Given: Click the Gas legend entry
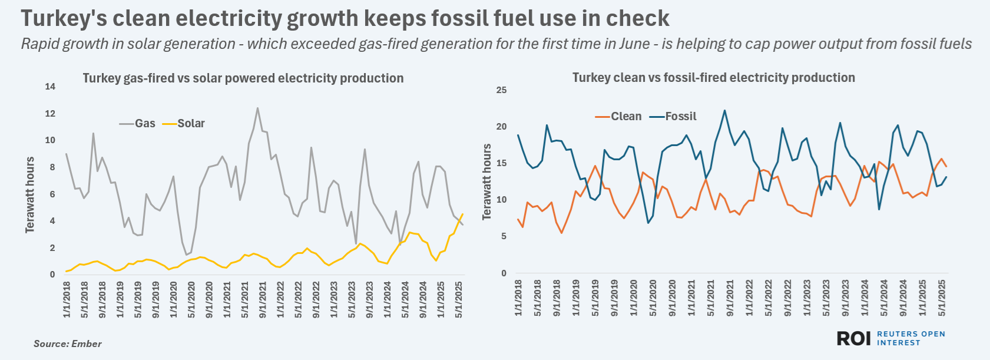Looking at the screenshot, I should point(137,123).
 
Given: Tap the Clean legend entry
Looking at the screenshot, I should point(618,116).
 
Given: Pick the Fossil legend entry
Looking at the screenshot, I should point(673,116).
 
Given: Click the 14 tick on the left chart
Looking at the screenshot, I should point(50,87).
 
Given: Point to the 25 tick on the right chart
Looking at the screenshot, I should point(501,90).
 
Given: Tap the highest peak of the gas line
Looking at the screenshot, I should point(257,108).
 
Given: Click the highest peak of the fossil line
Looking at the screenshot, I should point(724,110).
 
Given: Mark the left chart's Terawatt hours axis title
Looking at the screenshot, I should point(30,194).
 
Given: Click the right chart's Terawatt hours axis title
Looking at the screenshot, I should point(486,181).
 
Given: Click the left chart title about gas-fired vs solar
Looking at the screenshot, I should point(243,78).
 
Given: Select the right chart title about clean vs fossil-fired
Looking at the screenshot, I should point(713,78).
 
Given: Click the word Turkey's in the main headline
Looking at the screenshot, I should point(64,19).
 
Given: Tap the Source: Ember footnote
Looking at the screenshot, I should point(67,344).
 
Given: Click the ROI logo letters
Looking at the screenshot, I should point(853,338).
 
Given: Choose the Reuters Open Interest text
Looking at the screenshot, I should point(910,338).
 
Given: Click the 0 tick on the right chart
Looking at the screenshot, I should point(504,273).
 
